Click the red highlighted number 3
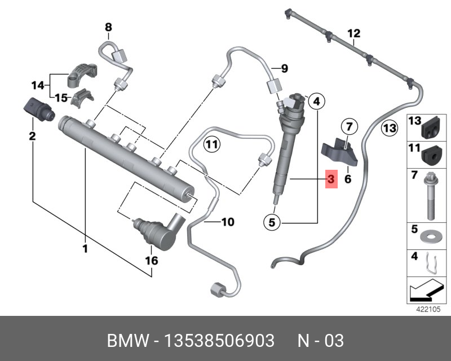(331, 179)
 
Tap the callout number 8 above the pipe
(108, 27)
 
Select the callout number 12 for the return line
(353, 33)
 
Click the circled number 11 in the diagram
(211, 144)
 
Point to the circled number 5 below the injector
(272, 223)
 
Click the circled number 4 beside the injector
(316, 102)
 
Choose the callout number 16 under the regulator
(152, 261)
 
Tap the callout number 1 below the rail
(86, 248)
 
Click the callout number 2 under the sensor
(32, 135)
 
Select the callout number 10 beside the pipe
(227, 222)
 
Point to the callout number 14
(37, 85)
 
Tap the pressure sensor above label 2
(38, 109)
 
